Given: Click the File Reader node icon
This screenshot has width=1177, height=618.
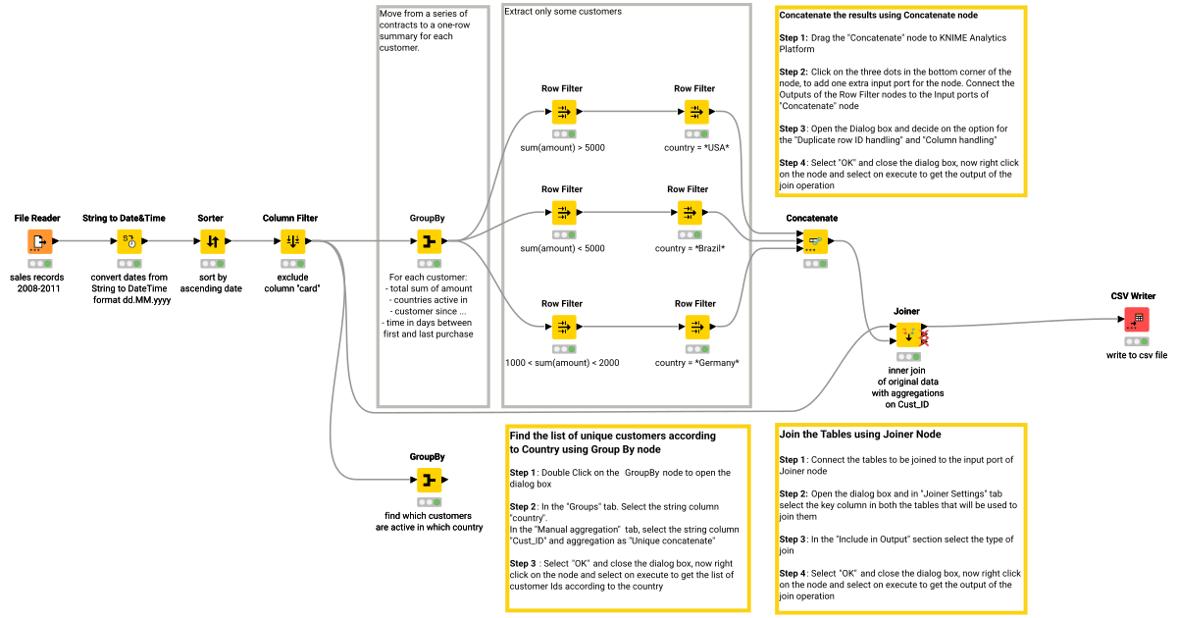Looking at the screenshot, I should pyautogui.click(x=39, y=240).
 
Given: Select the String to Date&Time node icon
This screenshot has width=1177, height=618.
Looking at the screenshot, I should pyautogui.click(x=129, y=240).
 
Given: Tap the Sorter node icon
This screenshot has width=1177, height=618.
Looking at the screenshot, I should pyautogui.click(x=211, y=240).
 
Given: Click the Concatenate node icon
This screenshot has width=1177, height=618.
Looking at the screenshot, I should pyautogui.click(x=812, y=240).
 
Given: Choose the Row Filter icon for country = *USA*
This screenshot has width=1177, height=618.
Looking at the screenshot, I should pyautogui.click(x=694, y=112).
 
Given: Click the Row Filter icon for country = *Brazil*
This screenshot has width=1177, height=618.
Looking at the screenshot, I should pyautogui.click(x=689, y=212).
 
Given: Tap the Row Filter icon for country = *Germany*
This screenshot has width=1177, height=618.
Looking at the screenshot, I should pyautogui.click(x=694, y=327).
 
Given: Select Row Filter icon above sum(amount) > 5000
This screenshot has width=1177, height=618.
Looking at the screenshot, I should pyautogui.click(x=563, y=112).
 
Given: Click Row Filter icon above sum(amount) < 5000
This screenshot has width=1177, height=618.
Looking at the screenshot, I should pyautogui.click(x=563, y=212).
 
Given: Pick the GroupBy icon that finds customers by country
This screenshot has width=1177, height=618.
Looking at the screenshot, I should pyautogui.click(x=428, y=480).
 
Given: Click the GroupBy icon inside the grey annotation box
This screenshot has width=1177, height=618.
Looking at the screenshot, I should pyautogui.click(x=428, y=240).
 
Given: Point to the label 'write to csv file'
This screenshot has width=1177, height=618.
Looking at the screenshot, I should pyautogui.click(x=1137, y=355).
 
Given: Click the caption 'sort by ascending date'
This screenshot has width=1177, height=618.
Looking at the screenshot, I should pyautogui.click(x=211, y=283).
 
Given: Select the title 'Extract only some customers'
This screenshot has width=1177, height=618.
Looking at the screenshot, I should pyautogui.click(x=563, y=11).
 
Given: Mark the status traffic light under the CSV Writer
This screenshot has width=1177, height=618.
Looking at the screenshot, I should pyautogui.click(x=1137, y=341).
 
